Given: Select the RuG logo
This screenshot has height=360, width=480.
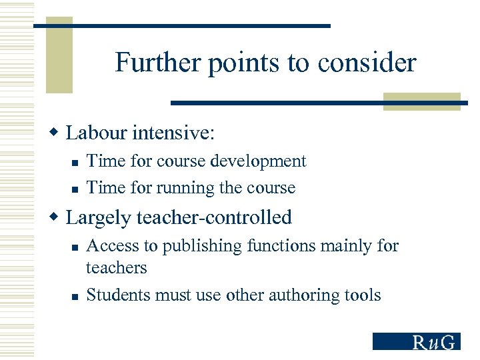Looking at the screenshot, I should click(416, 341).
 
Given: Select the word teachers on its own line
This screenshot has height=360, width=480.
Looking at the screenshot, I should click(116, 268).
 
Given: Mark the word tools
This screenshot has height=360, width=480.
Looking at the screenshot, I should click(363, 295).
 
